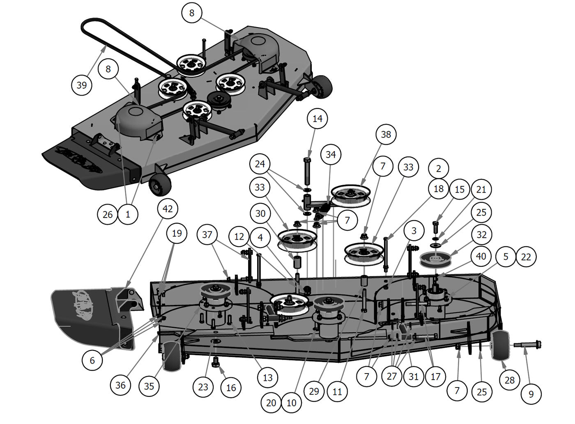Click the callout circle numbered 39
(x=82, y=85)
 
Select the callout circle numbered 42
(x=168, y=209)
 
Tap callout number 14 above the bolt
(x=317, y=119)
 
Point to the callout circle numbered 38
(x=386, y=134)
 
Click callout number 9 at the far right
(x=531, y=394)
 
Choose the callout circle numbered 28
(x=509, y=380)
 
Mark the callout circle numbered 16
(x=231, y=387)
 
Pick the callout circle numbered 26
(x=108, y=214)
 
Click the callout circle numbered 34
(x=331, y=154)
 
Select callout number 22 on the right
(x=526, y=257)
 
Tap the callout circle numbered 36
(x=120, y=385)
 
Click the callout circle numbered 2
(x=438, y=168)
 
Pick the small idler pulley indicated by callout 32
(x=436, y=260)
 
